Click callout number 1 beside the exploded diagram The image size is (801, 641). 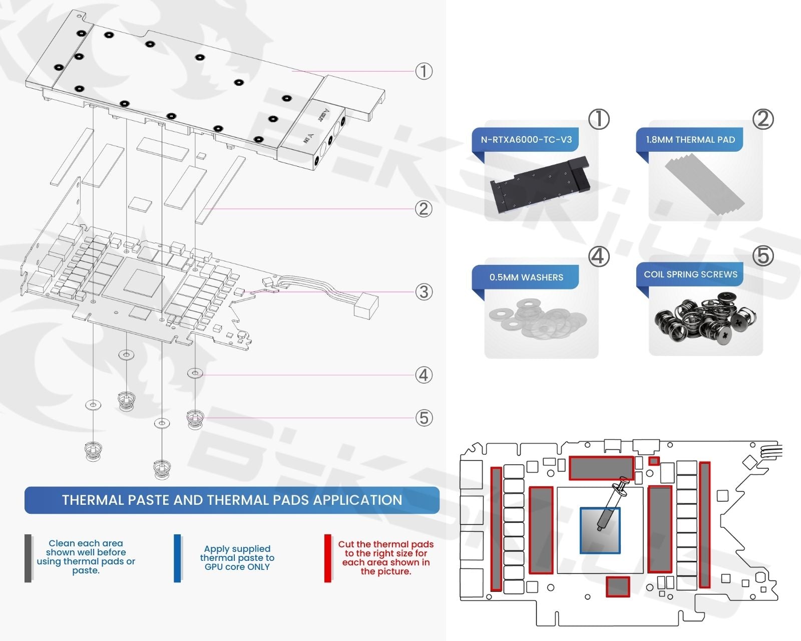pyautogui.click(x=424, y=71)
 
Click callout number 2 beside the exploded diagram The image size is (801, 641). pyautogui.click(x=424, y=209)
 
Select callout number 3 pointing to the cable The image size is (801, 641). pyautogui.click(x=424, y=292)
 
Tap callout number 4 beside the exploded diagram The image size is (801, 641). pyautogui.click(x=424, y=375)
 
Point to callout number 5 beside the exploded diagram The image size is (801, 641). pyautogui.click(x=424, y=418)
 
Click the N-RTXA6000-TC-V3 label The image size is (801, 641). pyautogui.click(x=526, y=140)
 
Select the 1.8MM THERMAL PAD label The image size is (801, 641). pyautogui.click(x=690, y=140)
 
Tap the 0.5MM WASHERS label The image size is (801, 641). pyautogui.click(x=526, y=277)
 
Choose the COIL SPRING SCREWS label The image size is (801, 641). pyautogui.click(x=690, y=274)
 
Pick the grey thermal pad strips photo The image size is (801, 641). pyautogui.click(x=704, y=184)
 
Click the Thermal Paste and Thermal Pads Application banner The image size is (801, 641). pyautogui.click(x=232, y=500)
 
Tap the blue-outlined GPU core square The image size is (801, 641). pyautogui.click(x=600, y=531)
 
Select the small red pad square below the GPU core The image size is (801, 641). pyautogui.click(x=618, y=586)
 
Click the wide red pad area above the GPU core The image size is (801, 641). pyautogui.click(x=601, y=468)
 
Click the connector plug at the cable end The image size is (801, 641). pyautogui.click(x=365, y=305)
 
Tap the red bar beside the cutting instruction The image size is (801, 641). pyautogui.click(x=328, y=558)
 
